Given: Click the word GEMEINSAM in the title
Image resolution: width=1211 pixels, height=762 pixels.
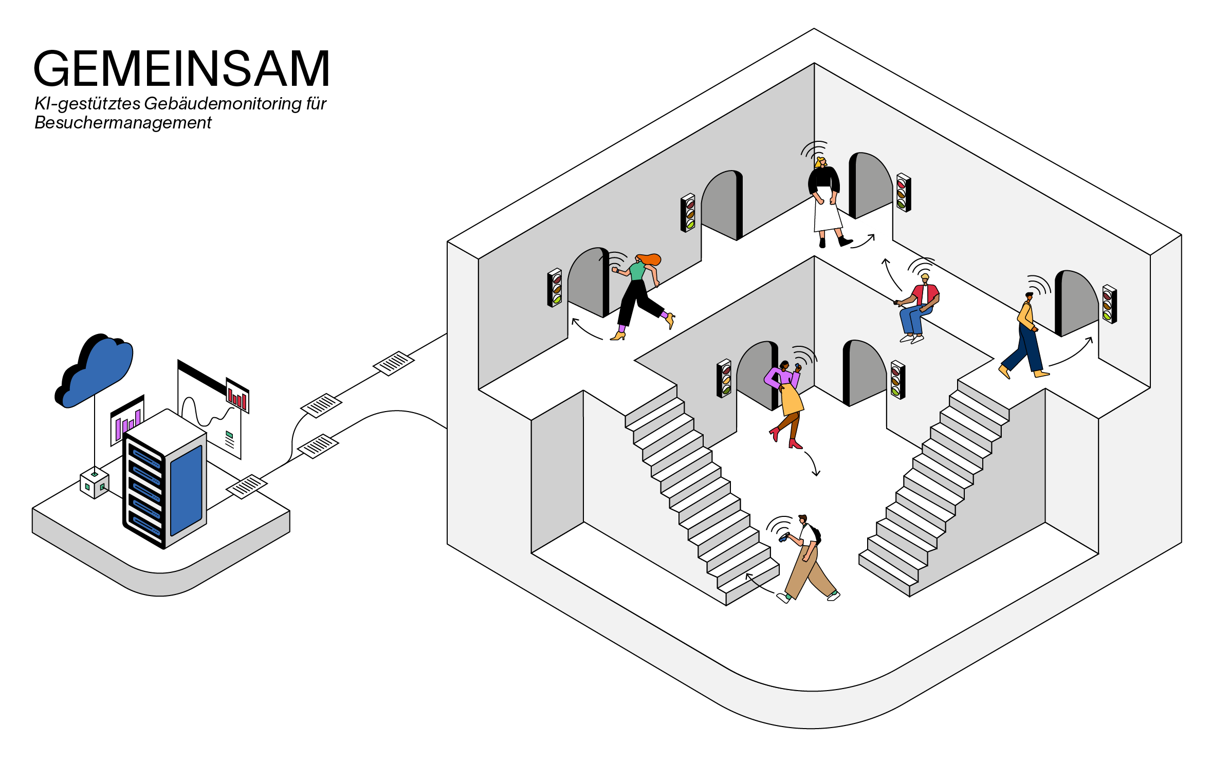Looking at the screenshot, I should tap(181, 69).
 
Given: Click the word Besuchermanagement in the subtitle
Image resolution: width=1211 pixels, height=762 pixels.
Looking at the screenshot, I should tap(123, 123).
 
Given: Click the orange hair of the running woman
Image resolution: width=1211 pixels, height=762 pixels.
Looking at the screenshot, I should tap(650, 259).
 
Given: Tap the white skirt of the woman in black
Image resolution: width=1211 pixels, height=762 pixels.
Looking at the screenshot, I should tap(827, 213).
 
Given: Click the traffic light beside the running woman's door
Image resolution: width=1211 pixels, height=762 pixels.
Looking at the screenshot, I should tap(555, 288).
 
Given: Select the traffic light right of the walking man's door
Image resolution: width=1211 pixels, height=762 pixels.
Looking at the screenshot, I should tap(1109, 304).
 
